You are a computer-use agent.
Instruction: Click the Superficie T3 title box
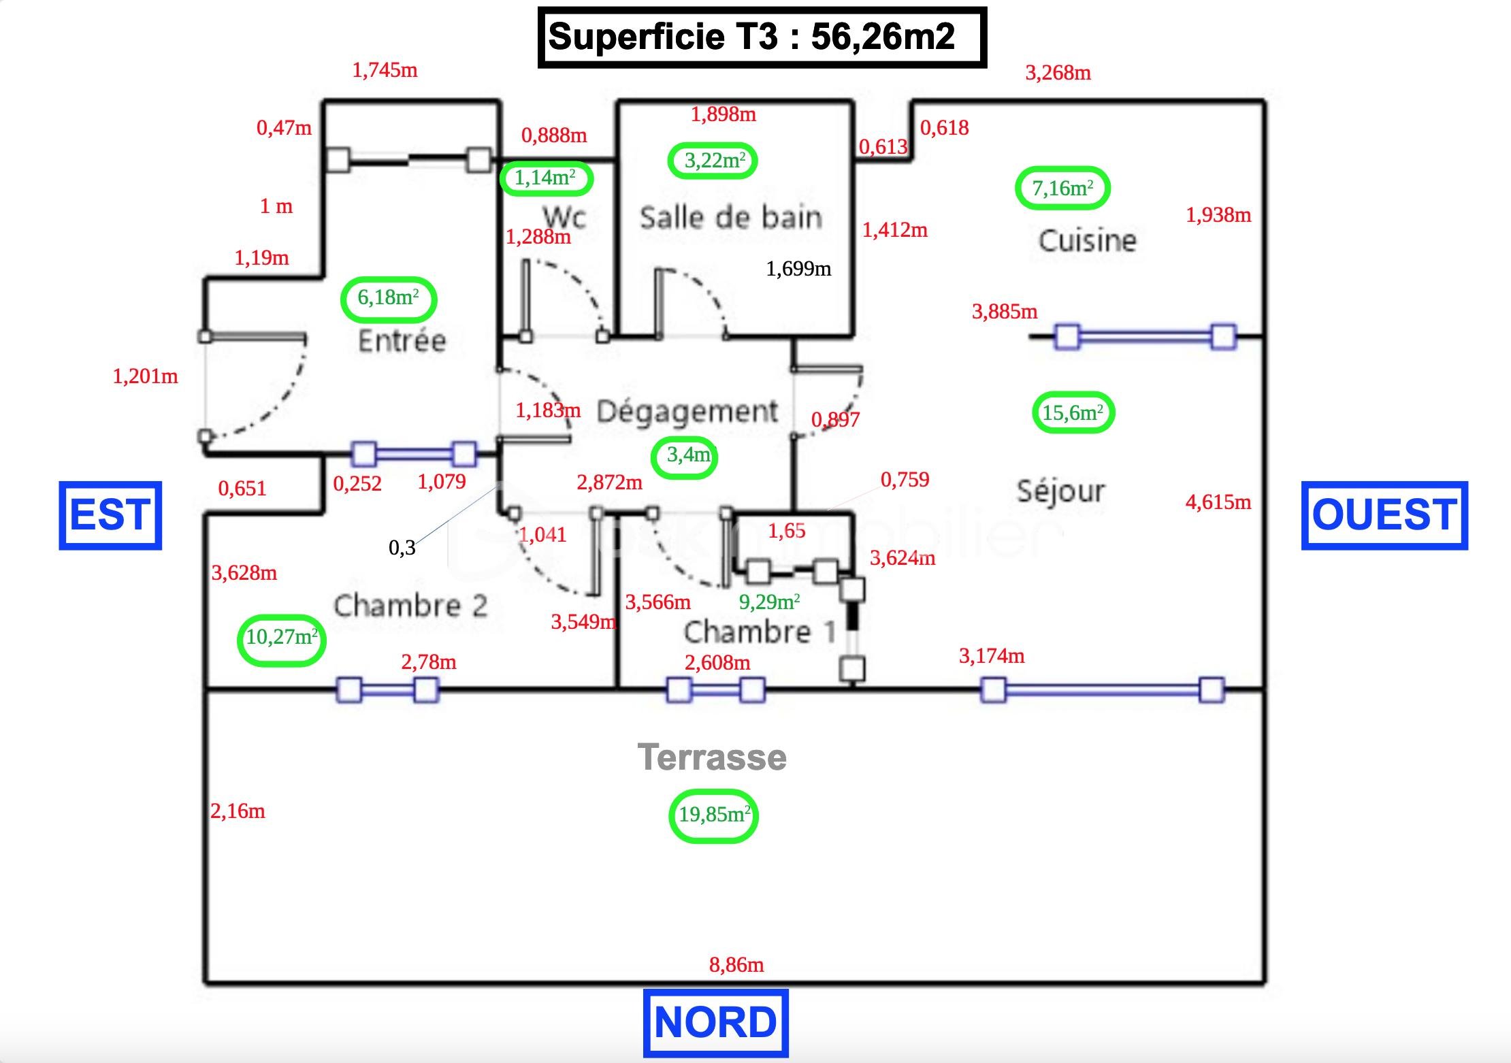[x=762, y=37]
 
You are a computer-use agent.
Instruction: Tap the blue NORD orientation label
[x=715, y=1023]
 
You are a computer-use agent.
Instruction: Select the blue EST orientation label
[x=110, y=515]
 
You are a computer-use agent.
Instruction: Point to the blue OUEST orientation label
[x=1384, y=515]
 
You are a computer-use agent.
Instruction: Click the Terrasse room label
[x=712, y=757]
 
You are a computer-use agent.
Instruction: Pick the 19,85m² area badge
[x=714, y=815]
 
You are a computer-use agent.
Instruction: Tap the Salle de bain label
[x=731, y=218]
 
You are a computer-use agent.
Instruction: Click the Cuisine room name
[x=1087, y=241]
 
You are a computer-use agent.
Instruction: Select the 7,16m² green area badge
[x=1062, y=189]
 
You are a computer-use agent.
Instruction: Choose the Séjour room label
[x=1060, y=491]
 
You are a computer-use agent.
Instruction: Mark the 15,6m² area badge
[x=1073, y=412]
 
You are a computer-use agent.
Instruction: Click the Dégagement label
[x=687, y=412]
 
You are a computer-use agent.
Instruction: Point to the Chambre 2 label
[x=410, y=606]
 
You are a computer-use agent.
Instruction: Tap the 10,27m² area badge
[x=281, y=638]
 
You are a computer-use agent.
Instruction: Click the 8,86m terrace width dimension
[x=736, y=965]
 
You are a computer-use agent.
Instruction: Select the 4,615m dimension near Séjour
[x=1218, y=503]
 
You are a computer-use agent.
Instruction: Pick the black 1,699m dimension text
[x=798, y=269]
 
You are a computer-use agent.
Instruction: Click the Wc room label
[x=564, y=217]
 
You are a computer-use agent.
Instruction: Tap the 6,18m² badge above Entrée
[x=388, y=298]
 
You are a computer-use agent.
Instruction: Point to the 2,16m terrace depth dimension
[x=238, y=811]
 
